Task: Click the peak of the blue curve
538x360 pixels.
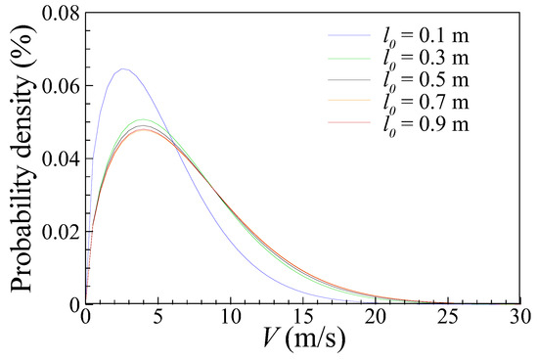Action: click(x=123, y=69)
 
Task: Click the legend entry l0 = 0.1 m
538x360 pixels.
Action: click(x=426, y=38)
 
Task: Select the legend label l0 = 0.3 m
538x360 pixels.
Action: click(x=426, y=60)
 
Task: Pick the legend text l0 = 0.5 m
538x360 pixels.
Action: click(x=426, y=81)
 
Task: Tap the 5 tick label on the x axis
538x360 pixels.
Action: click(x=158, y=318)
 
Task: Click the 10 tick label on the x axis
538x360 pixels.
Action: click(x=231, y=318)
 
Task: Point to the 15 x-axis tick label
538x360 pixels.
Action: click(x=303, y=318)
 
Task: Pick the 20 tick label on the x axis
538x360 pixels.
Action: click(x=376, y=318)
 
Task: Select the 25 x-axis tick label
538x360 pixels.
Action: click(x=448, y=318)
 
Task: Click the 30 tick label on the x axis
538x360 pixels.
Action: click(x=519, y=318)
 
